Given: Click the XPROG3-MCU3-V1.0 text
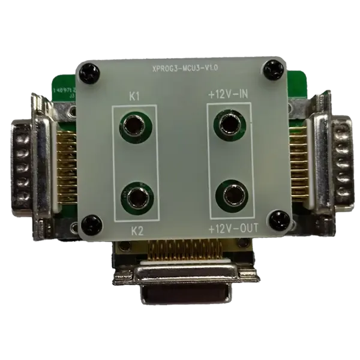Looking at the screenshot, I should tap(185, 69).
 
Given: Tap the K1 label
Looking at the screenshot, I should tap(135, 95).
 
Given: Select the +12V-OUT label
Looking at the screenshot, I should tap(231, 229).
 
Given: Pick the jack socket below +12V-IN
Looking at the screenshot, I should tap(229, 125).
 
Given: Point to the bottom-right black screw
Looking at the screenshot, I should tap(278, 220).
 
